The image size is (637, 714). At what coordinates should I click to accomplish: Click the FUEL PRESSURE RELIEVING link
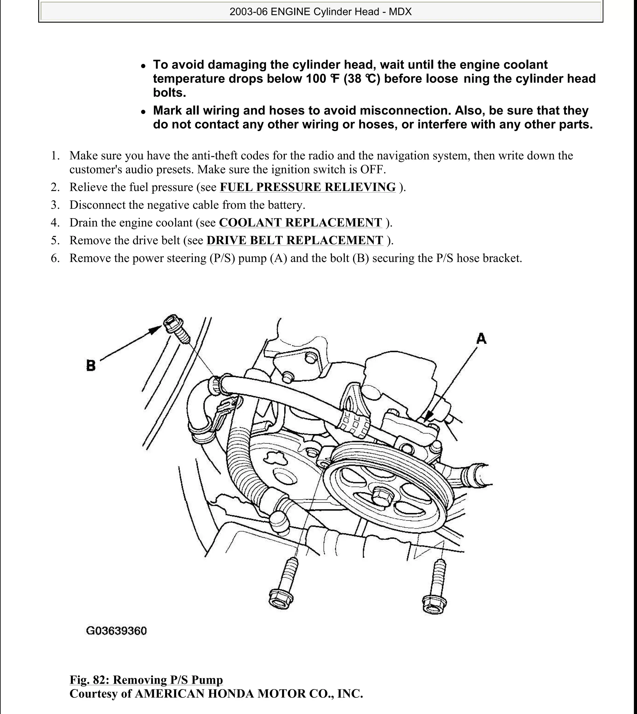pyautogui.click(x=307, y=187)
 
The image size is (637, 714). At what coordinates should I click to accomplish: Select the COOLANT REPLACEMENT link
pyautogui.click(x=300, y=223)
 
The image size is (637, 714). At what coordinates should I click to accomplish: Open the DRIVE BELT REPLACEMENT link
pyautogui.click(x=295, y=240)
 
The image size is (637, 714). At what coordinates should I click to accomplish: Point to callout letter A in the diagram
pyautogui.click(x=481, y=338)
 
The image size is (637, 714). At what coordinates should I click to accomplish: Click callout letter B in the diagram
pyautogui.click(x=91, y=366)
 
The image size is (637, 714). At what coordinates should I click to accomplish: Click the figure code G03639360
pyautogui.click(x=116, y=631)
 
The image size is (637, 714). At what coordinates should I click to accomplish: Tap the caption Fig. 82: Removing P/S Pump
pyautogui.click(x=146, y=680)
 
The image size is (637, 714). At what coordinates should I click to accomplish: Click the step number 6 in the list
pyautogui.click(x=55, y=258)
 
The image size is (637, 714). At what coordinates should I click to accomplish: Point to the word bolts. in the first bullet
pyautogui.click(x=170, y=93)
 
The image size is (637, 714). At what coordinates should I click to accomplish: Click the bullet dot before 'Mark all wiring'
pyautogui.click(x=143, y=112)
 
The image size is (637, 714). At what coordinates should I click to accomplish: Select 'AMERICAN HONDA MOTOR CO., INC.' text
pyautogui.click(x=249, y=694)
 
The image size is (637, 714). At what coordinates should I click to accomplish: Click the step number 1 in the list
pyautogui.click(x=55, y=156)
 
